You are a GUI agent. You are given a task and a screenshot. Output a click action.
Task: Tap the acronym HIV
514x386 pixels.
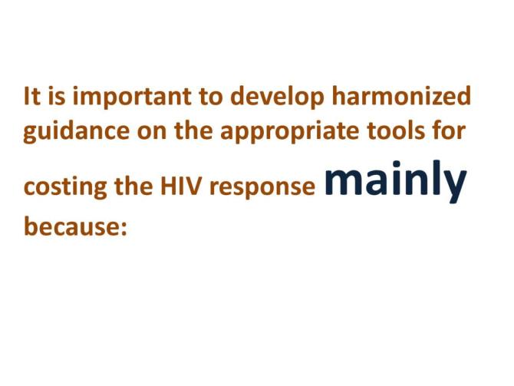tap(164, 186)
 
